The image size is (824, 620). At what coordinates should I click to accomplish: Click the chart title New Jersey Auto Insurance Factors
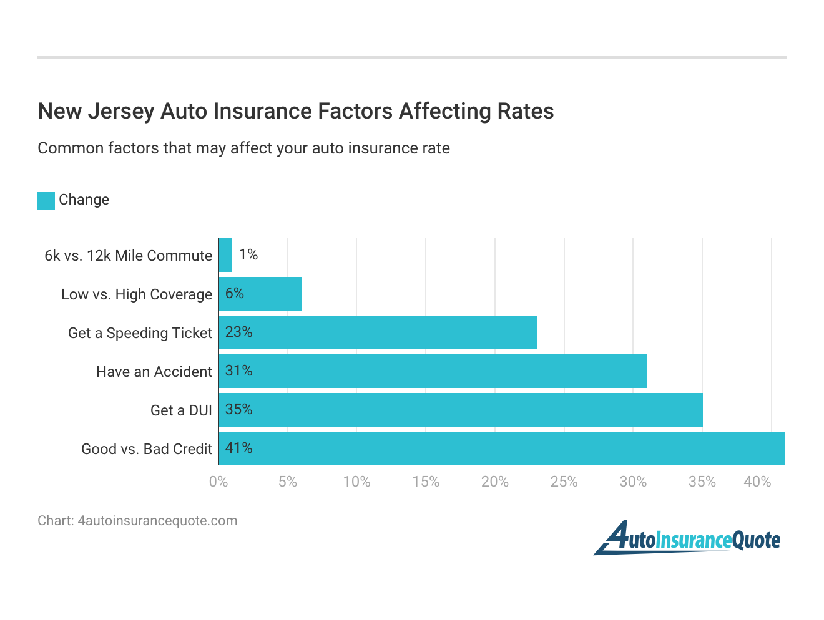click(x=296, y=111)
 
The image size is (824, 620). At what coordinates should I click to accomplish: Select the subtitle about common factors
click(x=243, y=148)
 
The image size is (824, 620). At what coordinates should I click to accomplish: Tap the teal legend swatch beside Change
click(x=46, y=200)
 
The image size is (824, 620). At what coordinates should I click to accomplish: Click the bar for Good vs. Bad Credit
click(x=502, y=448)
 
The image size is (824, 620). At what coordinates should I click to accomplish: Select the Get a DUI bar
click(x=461, y=410)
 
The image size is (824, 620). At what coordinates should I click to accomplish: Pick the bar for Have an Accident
click(x=433, y=371)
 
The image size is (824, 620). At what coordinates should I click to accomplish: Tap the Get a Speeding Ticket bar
click(x=378, y=332)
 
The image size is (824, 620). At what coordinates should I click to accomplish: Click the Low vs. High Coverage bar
click(x=260, y=294)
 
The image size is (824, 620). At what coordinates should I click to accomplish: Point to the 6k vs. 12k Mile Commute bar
click(x=225, y=255)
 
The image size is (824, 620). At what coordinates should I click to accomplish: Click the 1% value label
click(x=248, y=254)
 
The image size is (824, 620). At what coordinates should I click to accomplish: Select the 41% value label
click(x=238, y=448)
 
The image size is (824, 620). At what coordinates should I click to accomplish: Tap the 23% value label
click(x=238, y=332)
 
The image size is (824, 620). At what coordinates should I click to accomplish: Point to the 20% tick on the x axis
click(x=494, y=482)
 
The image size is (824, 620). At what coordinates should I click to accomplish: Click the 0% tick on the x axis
click(x=218, y=482)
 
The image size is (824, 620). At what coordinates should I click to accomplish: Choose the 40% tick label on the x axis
click(x=757, y=482)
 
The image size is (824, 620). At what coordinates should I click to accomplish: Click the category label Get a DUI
click(x=181, y=410)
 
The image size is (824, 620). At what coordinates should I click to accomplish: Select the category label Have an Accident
click(x=154, y=372)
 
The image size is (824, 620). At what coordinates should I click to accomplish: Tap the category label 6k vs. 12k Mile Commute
click(x=128, y=256)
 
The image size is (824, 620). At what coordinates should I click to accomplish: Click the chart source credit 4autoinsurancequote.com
click(x=137, y=521)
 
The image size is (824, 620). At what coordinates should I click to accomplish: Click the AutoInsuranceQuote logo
click(x=687, y=538)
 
